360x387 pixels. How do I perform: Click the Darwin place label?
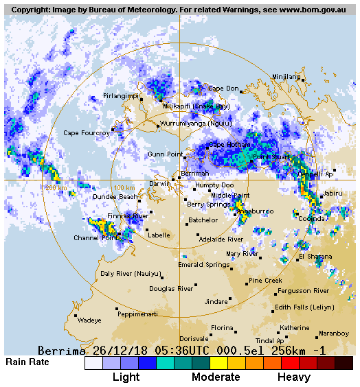coord(159,184)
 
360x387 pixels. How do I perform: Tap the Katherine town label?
coord(294,328)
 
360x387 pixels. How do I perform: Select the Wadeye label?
coord(89,320)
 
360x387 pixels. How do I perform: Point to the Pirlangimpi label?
coord(120,96)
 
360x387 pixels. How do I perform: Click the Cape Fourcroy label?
coord(86,133)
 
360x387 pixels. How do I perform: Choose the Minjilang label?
coord(286,77)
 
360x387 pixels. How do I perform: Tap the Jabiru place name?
coord(333,193)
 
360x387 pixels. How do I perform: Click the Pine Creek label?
coord(265,281)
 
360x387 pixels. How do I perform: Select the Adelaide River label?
coord(221,239)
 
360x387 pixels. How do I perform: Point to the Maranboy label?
coord(334,334)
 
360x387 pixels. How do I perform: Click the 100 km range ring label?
coord(123,187)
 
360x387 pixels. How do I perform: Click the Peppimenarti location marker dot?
coord(117,309)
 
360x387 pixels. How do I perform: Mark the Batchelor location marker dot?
coord(186,224)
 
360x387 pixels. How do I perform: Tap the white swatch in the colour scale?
coord(93,362)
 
